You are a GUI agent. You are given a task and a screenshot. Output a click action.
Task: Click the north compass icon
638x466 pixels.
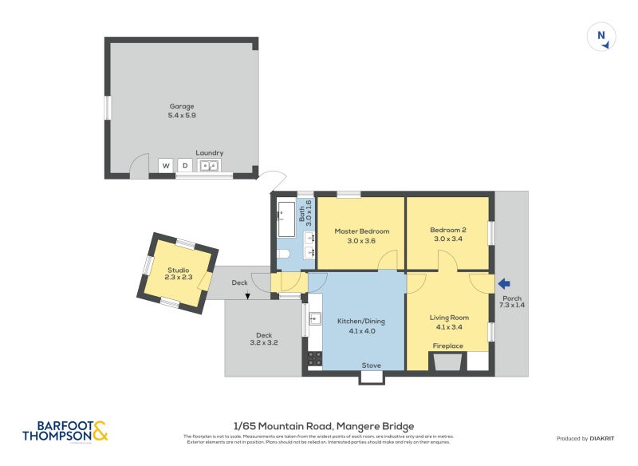[602, 38]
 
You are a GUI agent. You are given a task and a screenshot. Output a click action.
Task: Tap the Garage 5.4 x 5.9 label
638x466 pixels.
[182, 111]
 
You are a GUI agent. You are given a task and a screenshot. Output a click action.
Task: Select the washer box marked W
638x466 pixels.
[166, 166]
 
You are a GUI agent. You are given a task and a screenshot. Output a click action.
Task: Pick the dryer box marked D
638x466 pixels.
[185, 166]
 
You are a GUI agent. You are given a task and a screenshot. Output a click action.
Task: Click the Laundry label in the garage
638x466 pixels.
[210, 152]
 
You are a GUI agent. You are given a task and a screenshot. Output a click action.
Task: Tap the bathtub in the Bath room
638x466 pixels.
[286, 219]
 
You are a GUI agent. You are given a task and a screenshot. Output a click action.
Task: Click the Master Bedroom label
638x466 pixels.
[361, 235]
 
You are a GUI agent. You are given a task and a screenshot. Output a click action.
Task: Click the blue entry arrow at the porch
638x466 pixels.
[503, 282]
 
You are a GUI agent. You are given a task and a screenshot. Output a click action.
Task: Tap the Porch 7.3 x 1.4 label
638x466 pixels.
[510, 302]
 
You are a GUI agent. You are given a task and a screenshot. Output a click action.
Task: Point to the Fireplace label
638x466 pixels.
[447, 346]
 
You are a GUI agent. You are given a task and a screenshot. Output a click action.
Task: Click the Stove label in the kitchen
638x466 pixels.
[371, 365]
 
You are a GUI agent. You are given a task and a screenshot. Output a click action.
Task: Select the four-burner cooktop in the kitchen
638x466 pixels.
[314, 358]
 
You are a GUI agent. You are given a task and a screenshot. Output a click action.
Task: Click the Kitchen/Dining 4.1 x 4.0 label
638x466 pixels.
[360, 326]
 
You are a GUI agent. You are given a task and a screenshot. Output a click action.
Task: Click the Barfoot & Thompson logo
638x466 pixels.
[65, 432]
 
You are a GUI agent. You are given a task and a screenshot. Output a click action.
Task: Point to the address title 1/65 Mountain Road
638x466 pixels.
[323, 426]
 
